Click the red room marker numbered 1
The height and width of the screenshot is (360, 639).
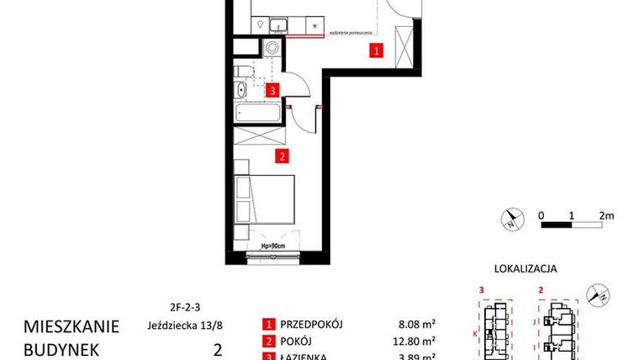(x=377, y=51)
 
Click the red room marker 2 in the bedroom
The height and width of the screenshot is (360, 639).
(x=283, y=155)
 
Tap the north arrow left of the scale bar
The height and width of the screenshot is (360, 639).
(x=510, y=222)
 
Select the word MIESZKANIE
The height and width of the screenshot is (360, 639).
(x=71, y=326)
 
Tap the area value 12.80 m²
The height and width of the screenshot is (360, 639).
(x=415, y=341)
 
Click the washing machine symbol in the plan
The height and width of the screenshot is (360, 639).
(x=272, y=47)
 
